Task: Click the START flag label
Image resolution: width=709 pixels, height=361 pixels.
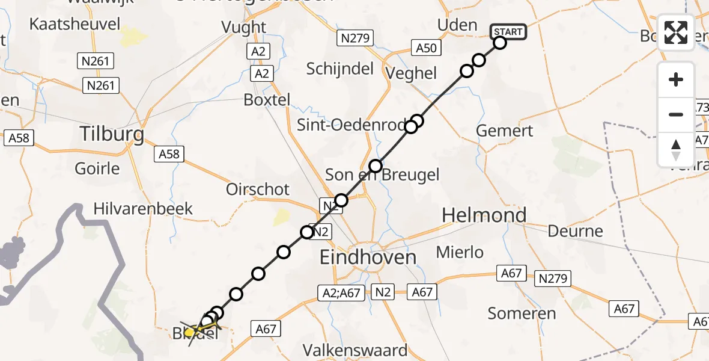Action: (x=509, y=31)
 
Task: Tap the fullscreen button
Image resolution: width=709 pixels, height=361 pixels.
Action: (x=676, y=32)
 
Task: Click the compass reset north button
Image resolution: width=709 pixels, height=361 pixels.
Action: (x=676, y=150)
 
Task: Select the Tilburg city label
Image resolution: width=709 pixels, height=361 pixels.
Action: (x=114, y=134)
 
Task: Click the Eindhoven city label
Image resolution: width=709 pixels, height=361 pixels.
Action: (x=368, y=258)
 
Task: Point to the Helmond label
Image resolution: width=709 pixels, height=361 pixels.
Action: (x=484, y=215)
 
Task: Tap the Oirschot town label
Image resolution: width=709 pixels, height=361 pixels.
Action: (x=258, y=189)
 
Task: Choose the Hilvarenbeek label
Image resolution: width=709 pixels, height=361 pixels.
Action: (x=143, y=209)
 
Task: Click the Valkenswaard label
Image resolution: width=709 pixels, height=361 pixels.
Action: (x=355, y=350)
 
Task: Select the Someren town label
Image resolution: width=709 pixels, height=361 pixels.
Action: (x=522, y=313)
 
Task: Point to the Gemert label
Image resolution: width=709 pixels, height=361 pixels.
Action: (x=504, y=131)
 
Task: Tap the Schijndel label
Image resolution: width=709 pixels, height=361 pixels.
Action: (x=339, y=69)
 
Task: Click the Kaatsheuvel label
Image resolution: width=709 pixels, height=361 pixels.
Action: (x=75, y=25)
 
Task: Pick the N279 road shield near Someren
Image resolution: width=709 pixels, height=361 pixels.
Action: (x=553, y=278)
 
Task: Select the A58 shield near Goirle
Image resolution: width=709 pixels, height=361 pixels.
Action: (x=169, y=154)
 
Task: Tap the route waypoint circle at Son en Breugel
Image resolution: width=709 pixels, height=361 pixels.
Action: (x=376, y=165)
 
